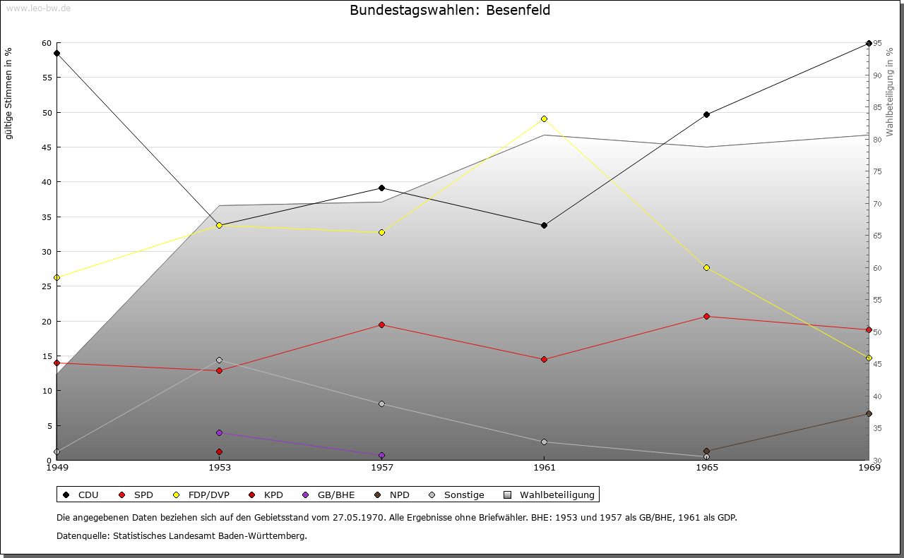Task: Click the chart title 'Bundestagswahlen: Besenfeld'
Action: coord(450,11)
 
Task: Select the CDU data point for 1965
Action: coord(706,114)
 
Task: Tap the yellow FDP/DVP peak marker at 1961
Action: coord(544,119)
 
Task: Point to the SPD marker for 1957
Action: coord(381,325)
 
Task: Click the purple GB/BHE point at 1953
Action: coord(219,432)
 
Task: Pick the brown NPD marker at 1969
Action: coord(869,413)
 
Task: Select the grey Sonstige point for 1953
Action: coord(219,360)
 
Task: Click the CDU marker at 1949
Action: coord(56,53)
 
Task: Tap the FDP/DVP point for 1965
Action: coord(706,267)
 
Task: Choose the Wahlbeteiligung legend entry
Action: coord(551,495)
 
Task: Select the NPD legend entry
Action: coord(392,495)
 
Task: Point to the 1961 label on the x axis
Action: coord(544,467)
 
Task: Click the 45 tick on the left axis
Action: coord(47,147)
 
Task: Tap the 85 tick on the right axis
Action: coord(878,107)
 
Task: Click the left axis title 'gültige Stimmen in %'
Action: coord(8,93)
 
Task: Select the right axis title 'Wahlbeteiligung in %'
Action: coord(890,92)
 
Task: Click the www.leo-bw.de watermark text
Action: coord(37,8)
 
